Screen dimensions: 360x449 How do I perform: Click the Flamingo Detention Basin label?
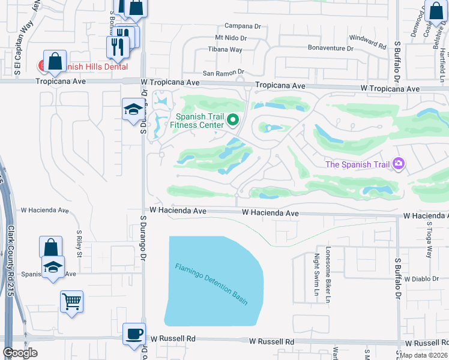coord(211,285)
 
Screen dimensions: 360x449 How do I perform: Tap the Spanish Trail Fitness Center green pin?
coord(235,121)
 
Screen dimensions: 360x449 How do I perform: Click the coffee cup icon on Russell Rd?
coord(134,333)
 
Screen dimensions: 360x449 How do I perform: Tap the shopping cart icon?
coord(71,301)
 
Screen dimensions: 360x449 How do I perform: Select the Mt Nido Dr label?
coord(231,38)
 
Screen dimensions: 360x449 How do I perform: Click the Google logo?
coord(20,353)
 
